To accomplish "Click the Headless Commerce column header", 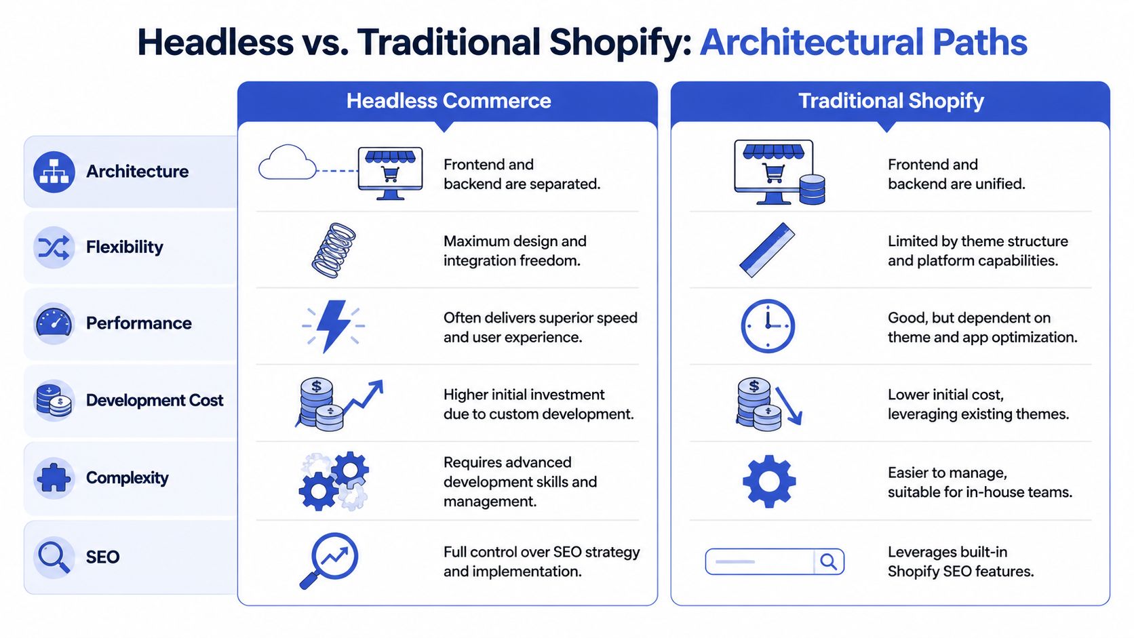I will (448, 101).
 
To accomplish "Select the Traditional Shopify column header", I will (891, 101).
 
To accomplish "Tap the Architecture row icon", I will (54, 172).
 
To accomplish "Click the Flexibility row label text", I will (125, 247).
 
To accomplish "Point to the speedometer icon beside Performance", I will (54, 323).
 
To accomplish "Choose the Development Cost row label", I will (155, 401).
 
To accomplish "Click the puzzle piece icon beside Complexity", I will (54, 477).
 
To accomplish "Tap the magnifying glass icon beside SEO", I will (54, 557).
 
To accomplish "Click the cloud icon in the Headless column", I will (288, 163).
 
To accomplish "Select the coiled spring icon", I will (334, 250).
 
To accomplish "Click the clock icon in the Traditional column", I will (768, 326).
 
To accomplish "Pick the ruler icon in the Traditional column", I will (767, 250).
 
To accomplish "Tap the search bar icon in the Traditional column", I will (775, 562).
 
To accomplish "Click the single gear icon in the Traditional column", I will (768, 481).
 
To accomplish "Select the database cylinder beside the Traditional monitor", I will (812, 189).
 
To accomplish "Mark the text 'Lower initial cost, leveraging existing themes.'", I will (978, 404).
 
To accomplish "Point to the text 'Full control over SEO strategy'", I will (541, 552).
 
